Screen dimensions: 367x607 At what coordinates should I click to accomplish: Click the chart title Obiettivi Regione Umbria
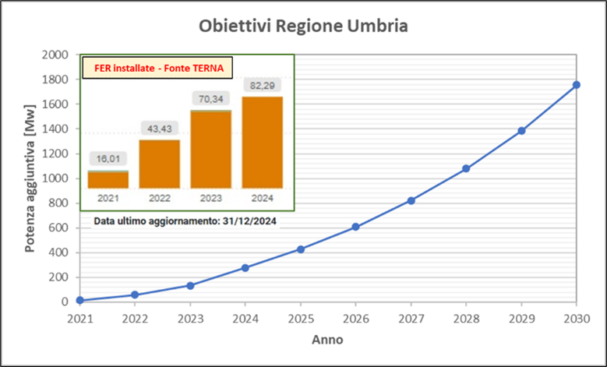click(304, 25)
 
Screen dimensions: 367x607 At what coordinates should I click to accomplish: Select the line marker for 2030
click(576, 85)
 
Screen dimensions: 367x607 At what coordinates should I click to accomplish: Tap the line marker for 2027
click(411, 200)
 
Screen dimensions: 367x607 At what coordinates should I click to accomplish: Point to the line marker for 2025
click(300, 249)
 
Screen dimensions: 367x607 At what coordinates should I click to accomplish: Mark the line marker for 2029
click(521, 130)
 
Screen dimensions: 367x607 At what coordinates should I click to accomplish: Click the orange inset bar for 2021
click(108, 179)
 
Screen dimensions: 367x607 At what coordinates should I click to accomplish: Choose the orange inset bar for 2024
click(262, 142)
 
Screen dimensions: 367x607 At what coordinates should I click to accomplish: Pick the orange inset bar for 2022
click(159, 164)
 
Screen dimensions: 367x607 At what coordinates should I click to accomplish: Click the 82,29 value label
click(262, 85)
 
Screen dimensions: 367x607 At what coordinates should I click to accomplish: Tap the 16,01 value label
click(108, 159)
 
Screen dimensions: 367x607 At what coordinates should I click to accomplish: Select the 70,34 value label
click(210, 99)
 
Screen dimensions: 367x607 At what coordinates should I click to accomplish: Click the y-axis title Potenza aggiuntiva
click(30, 178)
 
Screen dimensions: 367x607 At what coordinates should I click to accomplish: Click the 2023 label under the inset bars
click(210, 198)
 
